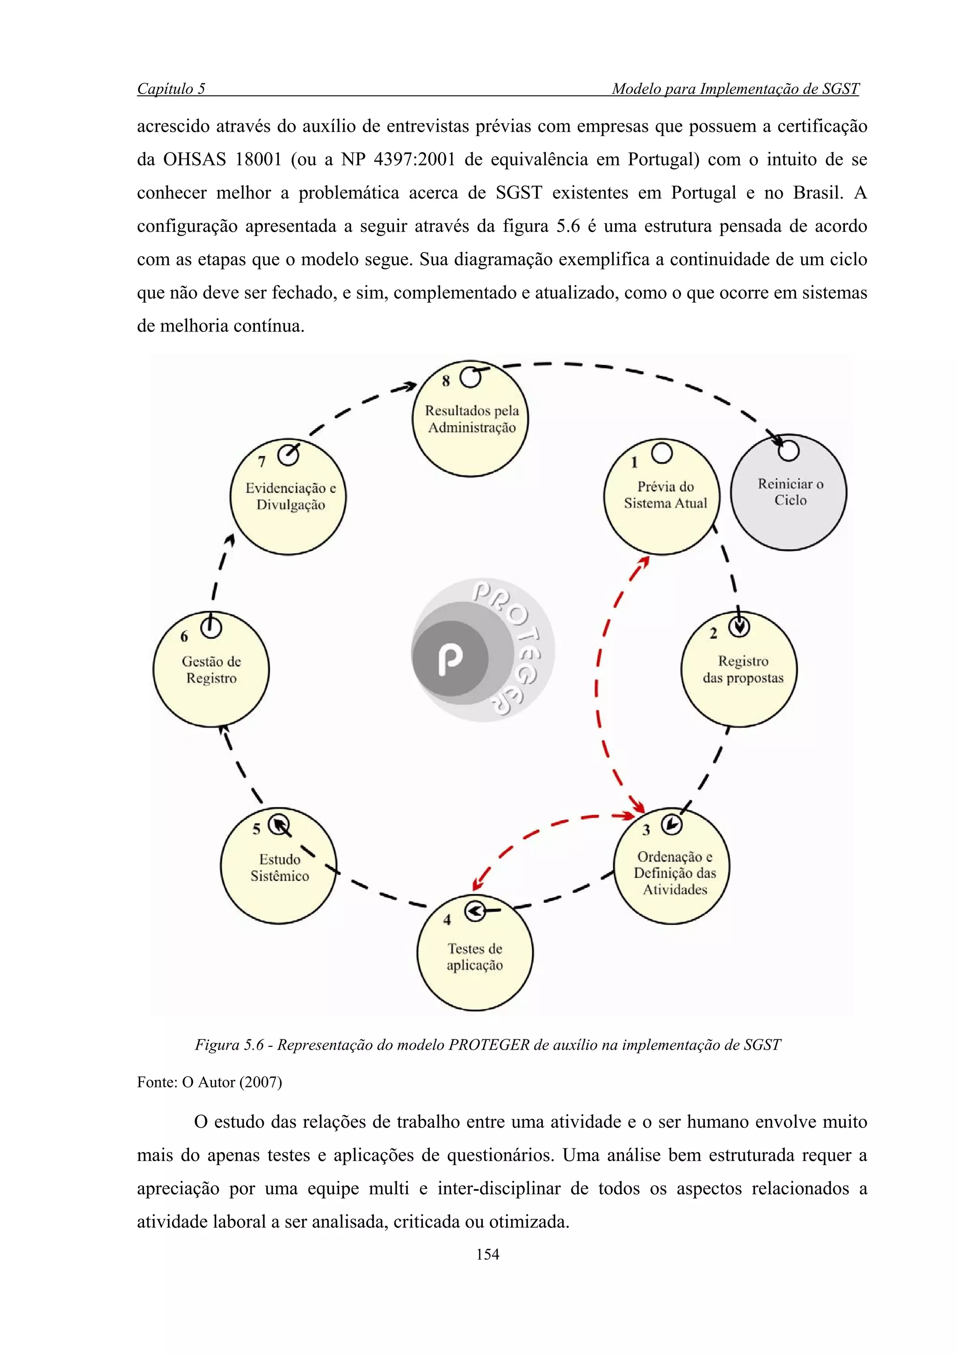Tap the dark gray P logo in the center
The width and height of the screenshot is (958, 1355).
point(450,657)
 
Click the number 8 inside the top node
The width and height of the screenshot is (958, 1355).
point(446,381)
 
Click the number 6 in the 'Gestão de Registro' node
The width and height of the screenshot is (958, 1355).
point(184,637)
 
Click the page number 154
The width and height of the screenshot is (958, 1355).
point(487,1254)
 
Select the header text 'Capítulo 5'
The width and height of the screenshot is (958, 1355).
point(171,89)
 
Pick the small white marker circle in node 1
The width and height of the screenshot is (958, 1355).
point(662,453)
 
